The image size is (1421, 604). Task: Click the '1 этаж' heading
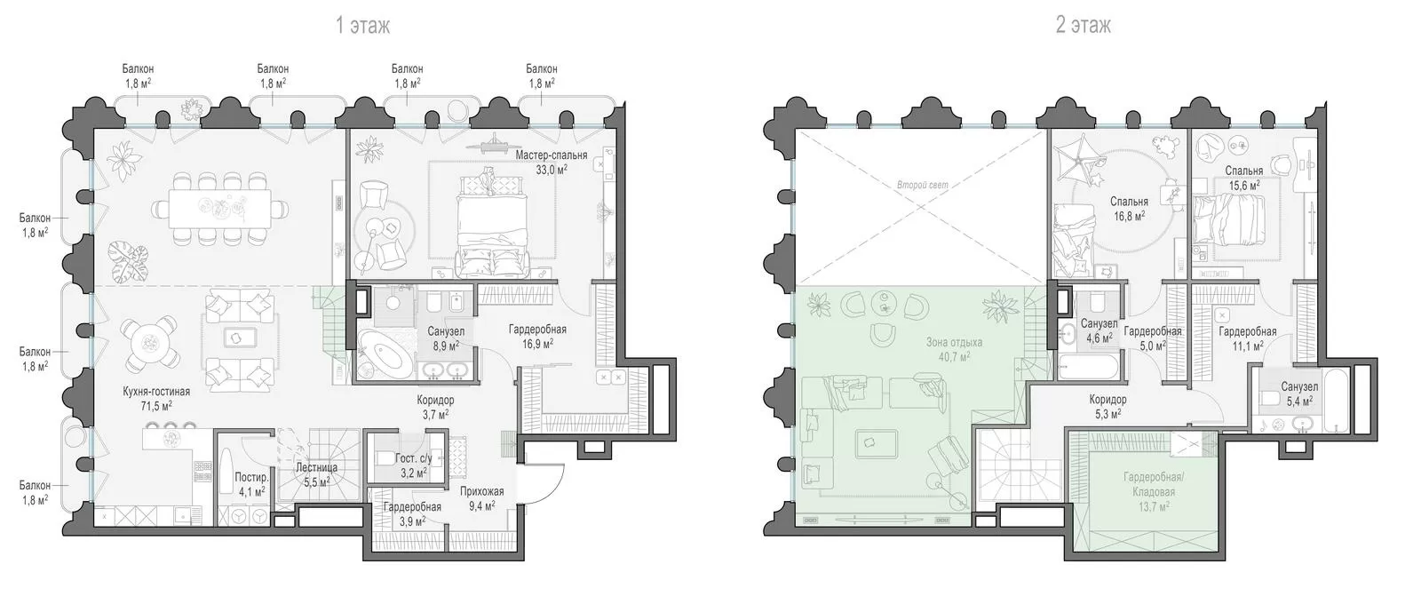point(362,26)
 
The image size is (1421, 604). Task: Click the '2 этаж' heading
point(1083,26)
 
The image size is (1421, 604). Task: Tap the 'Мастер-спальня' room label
point(552,155)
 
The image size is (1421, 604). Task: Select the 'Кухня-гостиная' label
point(156,392)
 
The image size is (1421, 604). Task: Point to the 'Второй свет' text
point(923,186)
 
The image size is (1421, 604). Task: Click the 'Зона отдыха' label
point(954,343)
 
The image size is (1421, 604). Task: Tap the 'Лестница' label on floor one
point(316,467)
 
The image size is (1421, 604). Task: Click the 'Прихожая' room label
point(482,491)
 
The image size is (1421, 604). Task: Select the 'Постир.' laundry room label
point(252,477)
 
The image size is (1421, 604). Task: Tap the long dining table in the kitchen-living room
point(219,208)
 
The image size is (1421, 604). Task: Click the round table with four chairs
point(150,343)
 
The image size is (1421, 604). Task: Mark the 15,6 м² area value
point(1244,186)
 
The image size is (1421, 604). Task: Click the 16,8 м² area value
point(1129,217)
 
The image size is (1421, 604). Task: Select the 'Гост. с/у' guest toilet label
point(413,458)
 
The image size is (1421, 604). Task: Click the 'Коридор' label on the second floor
point(1107,400)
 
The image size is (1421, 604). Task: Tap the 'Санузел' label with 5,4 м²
point(1299,387)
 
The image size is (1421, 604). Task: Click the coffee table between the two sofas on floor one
point(239,338)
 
